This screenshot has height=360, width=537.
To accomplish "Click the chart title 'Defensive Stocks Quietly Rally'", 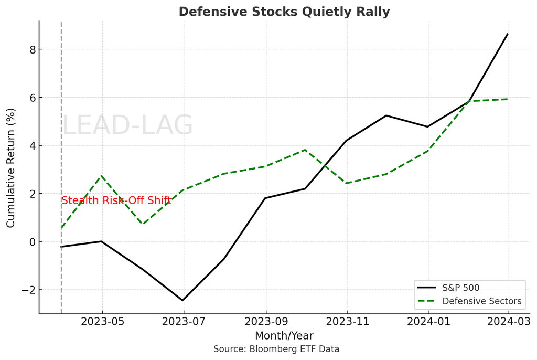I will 284,12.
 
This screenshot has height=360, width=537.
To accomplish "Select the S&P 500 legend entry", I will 460,288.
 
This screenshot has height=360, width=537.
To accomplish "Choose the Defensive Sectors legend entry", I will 481,301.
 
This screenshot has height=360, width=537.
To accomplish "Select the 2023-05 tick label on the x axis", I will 102,321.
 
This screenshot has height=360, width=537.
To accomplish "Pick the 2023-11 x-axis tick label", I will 347,321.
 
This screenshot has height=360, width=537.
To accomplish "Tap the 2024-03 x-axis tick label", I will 508,321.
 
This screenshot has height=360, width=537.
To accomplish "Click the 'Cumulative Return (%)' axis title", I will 11,168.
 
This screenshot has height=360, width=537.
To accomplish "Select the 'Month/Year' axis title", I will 284,335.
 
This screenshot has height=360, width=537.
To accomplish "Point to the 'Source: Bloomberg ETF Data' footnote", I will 276,349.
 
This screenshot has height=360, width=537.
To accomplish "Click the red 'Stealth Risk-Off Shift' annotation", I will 116,200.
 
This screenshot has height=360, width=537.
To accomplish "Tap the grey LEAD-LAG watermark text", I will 127,126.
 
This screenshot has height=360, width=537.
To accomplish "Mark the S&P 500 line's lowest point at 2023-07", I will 183,300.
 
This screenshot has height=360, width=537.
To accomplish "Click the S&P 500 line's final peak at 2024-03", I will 508,34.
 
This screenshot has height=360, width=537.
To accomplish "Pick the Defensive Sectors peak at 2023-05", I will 102,176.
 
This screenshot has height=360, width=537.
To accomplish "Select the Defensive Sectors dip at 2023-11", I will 347,183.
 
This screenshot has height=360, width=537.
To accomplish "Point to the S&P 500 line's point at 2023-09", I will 265,198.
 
